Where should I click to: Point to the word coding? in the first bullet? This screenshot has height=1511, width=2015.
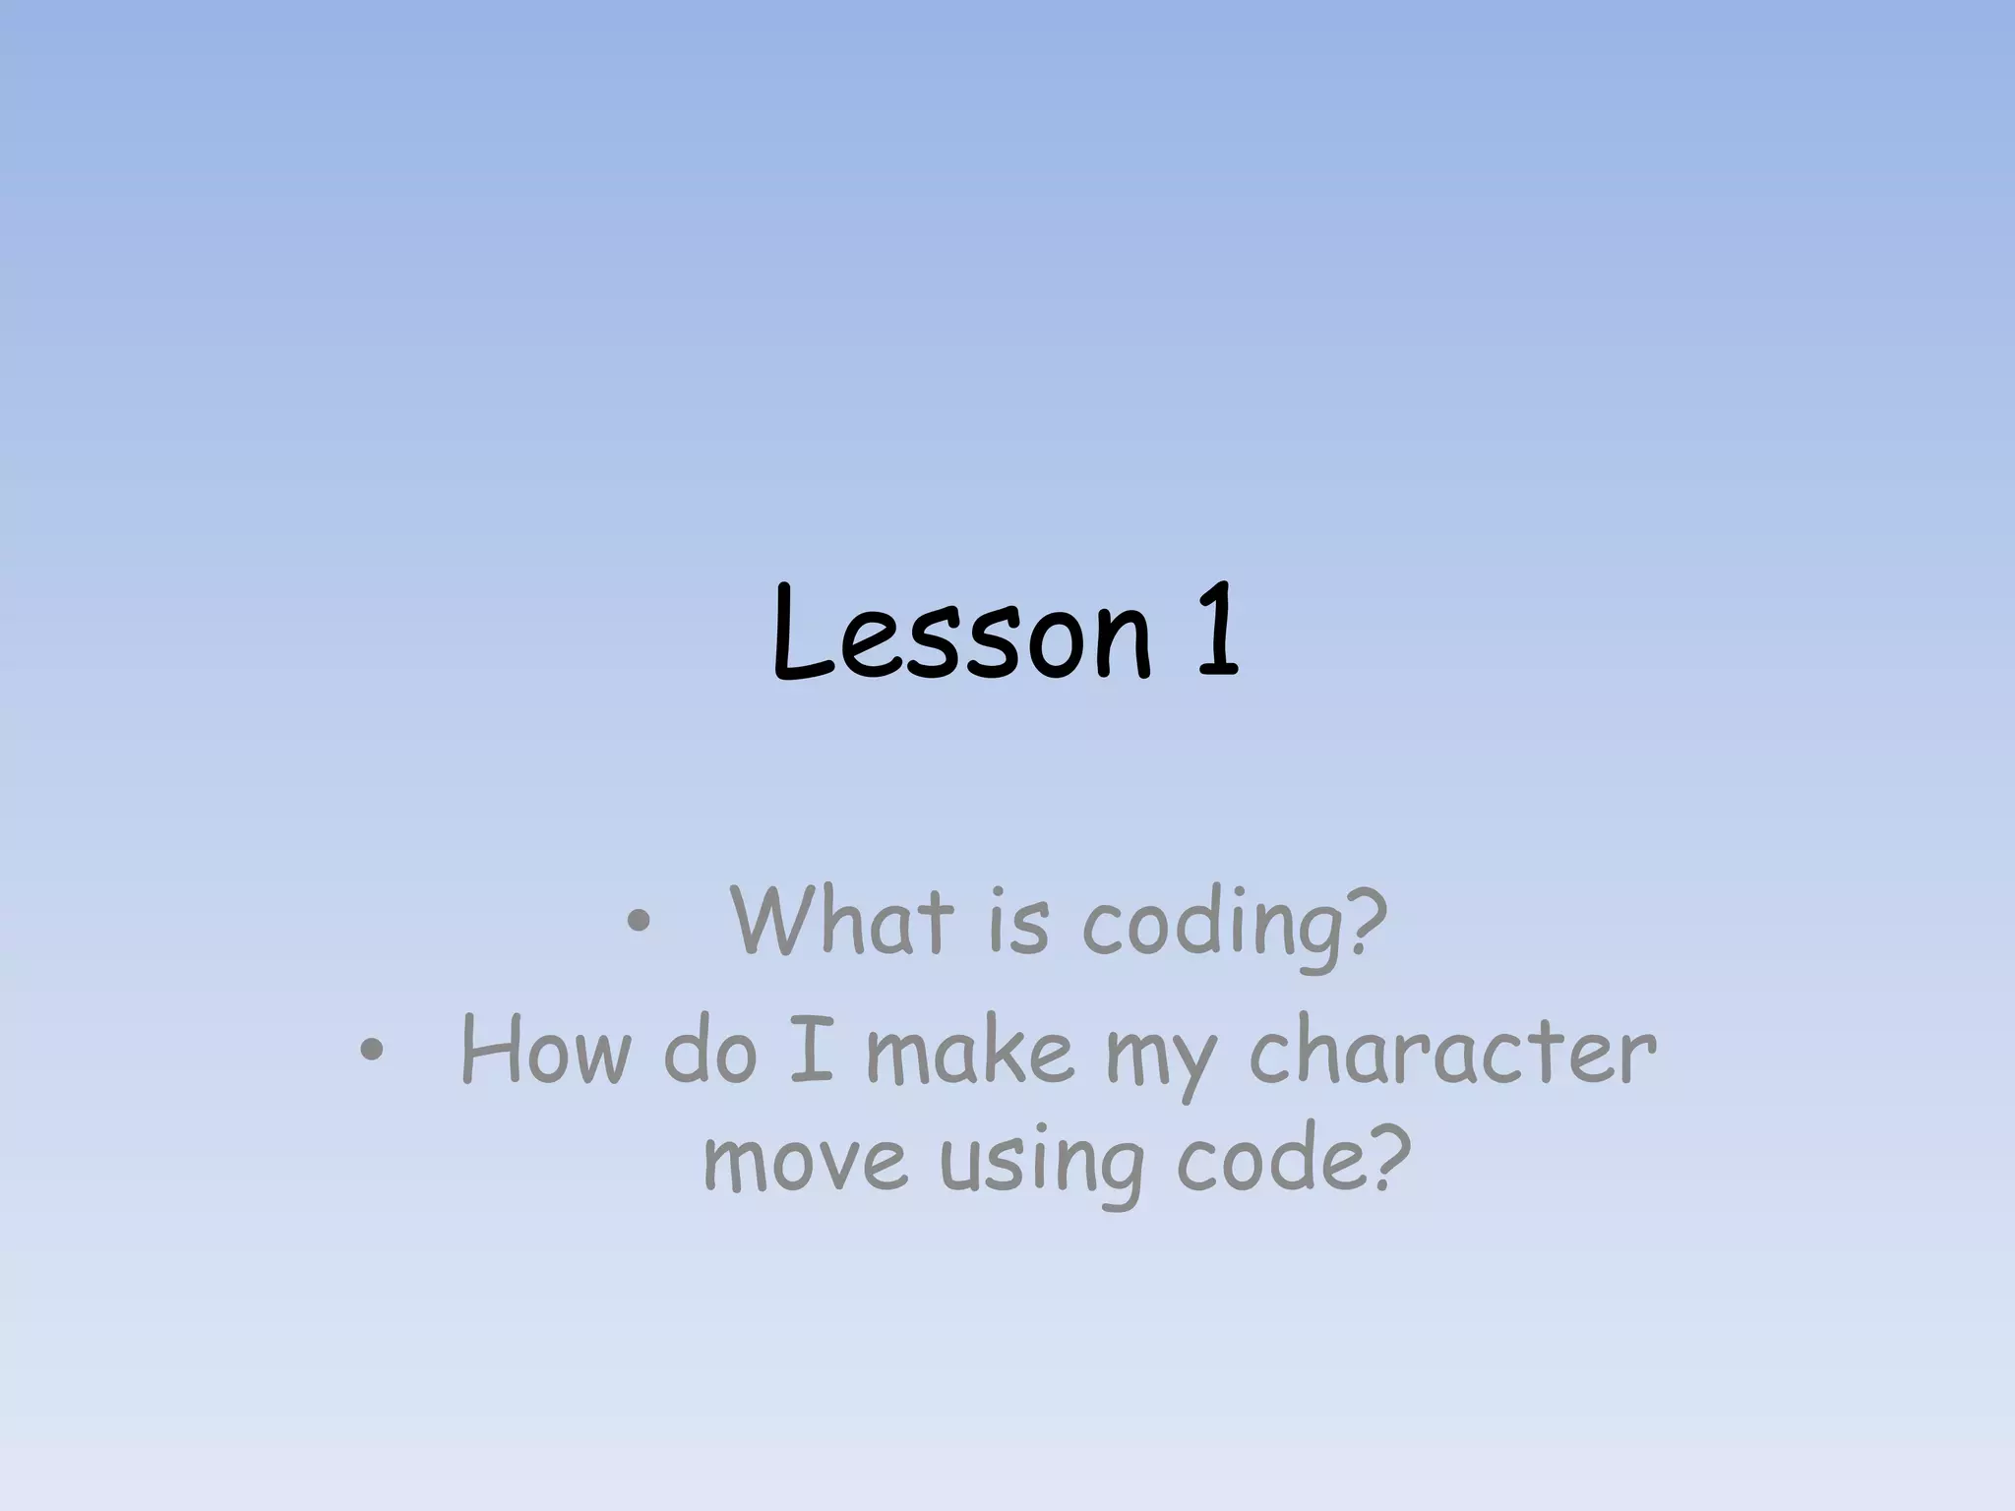pos(1235,925)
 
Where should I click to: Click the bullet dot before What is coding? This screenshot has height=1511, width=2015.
pos(638,923)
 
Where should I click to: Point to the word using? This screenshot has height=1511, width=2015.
pos(1042,1166)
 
